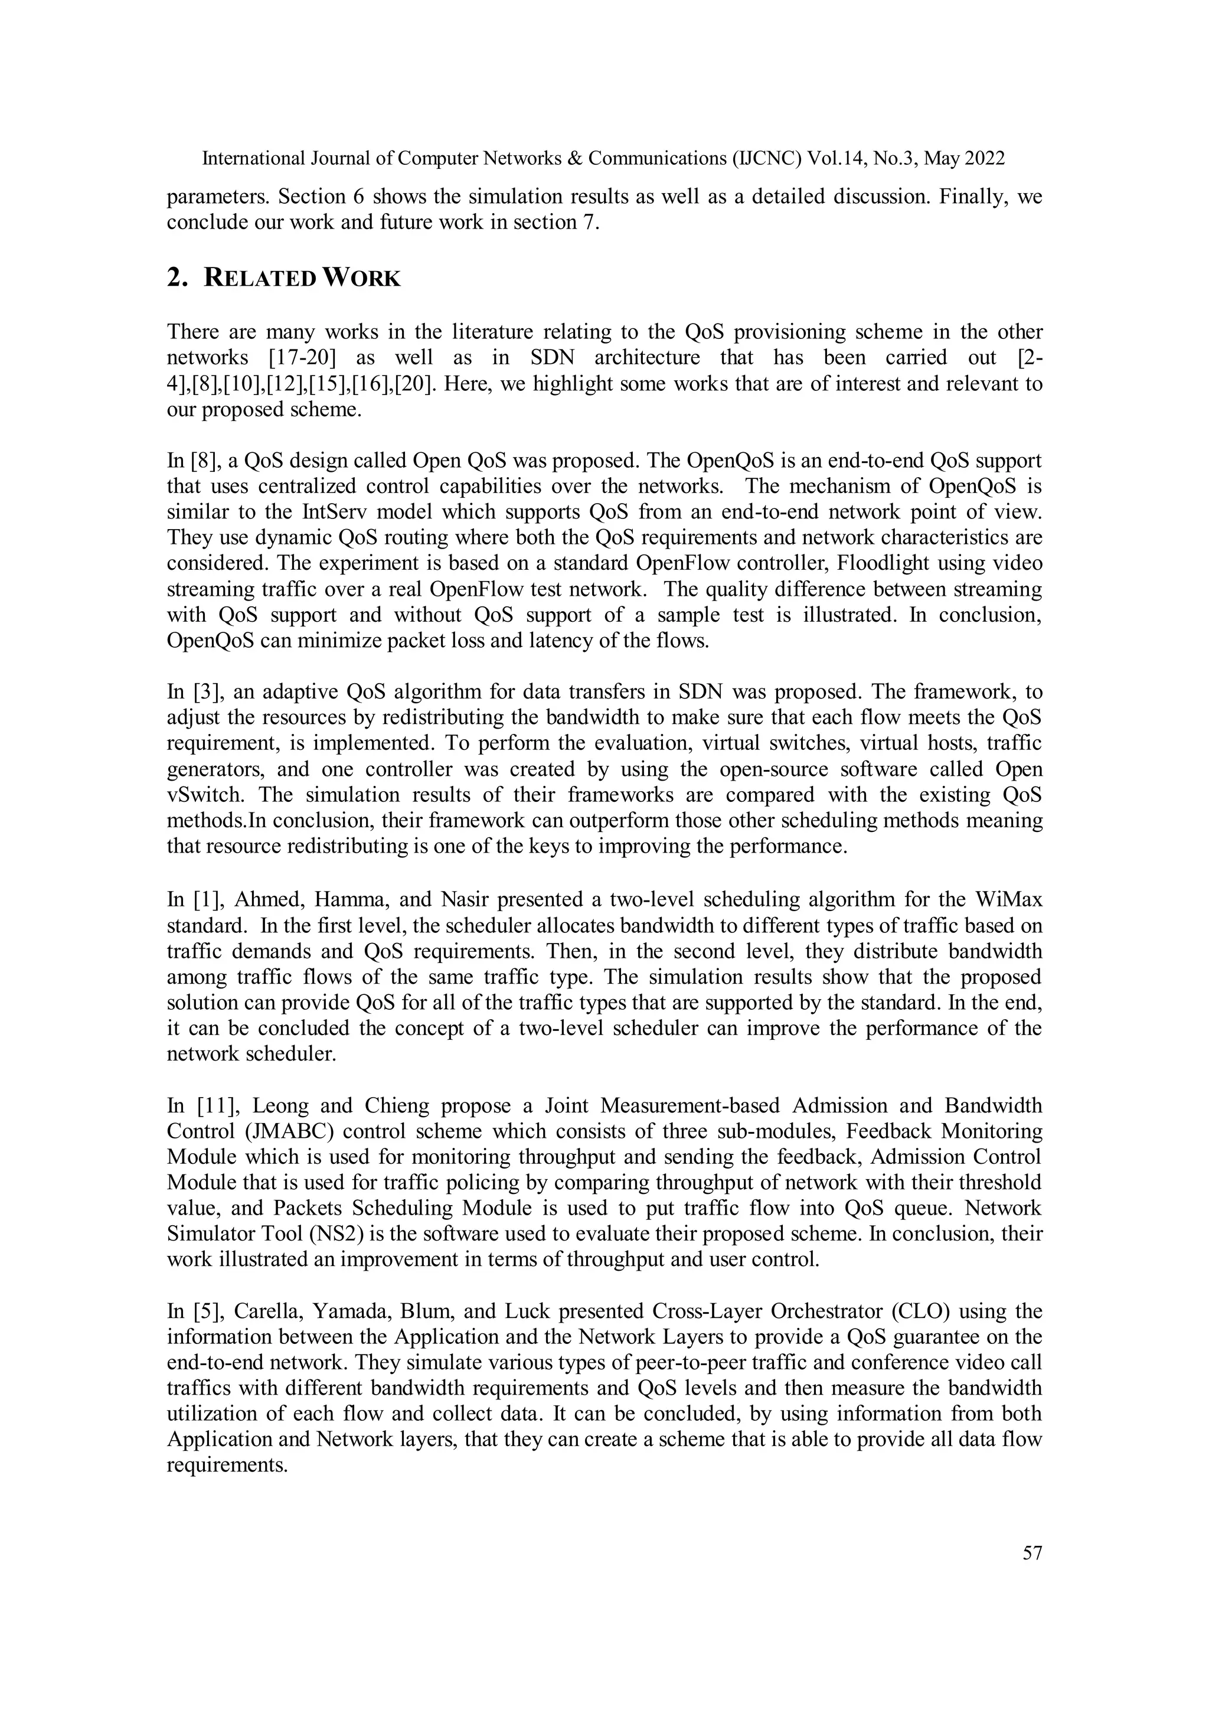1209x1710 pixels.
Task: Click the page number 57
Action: pyautogui.click(x=1032, y=1554)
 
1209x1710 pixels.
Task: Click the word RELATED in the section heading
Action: pyautogui.click(x=259, y=279)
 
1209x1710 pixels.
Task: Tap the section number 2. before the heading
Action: pyautogui.click(x=177, y=279)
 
